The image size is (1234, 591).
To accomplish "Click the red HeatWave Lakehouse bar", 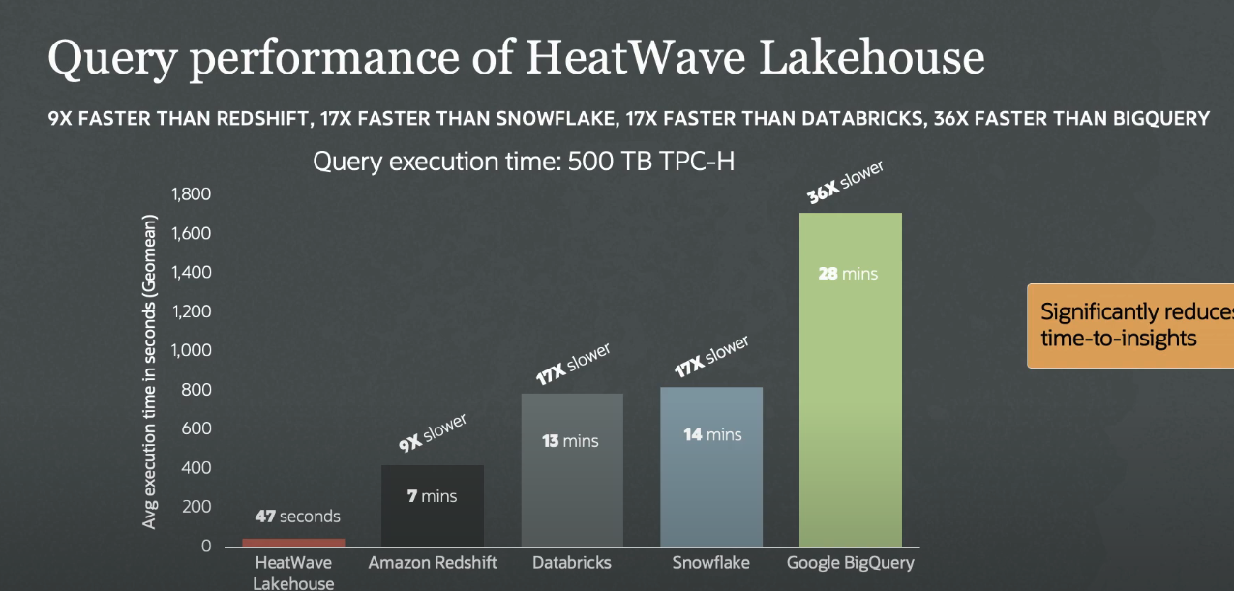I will coord(293,542).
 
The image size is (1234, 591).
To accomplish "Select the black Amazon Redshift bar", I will coord(433,506).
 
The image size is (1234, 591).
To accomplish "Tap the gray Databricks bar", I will coord(572,470).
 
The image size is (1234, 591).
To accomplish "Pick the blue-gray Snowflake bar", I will coord(711,466).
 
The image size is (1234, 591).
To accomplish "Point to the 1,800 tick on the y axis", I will coord(191,194).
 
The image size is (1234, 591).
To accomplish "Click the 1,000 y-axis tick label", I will coord(191,350).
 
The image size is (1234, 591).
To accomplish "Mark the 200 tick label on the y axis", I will coord(197,507).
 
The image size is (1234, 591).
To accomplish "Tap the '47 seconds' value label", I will coord(298,517).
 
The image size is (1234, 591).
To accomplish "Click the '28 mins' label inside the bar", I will coord(848,274).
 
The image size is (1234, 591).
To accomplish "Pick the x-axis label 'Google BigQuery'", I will coord(851,563).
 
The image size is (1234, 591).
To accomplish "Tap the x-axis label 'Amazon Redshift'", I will coord(433,563).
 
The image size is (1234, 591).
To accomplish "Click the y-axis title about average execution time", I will coord(150,371).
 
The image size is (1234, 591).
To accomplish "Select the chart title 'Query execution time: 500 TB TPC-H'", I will coord(524,162).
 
